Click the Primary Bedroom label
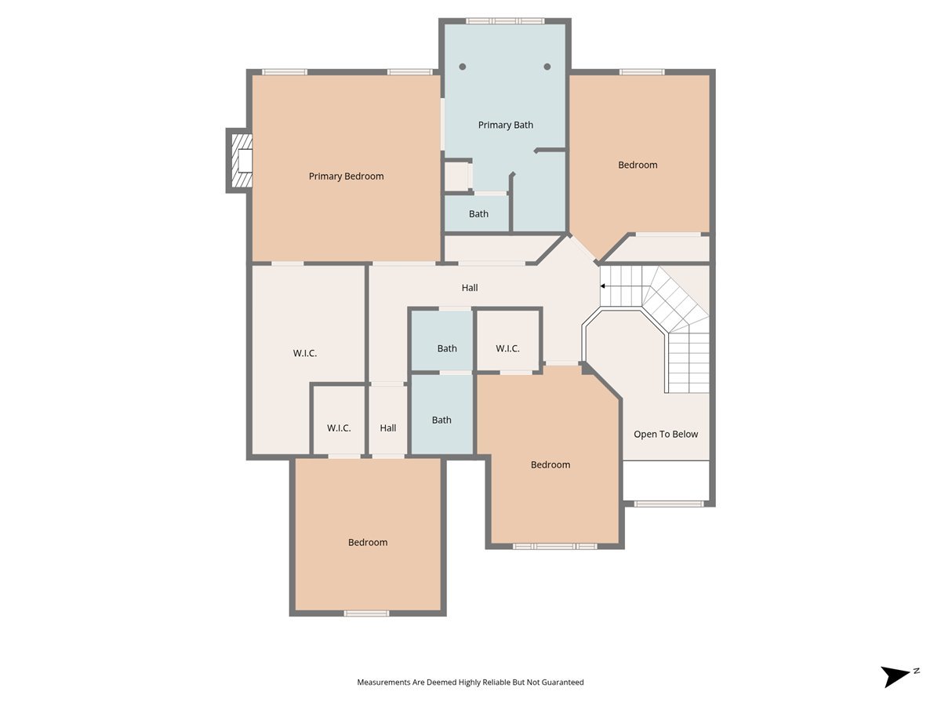tap(346, 176)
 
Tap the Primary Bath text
tap(506, 125)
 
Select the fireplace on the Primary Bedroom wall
tap(239, 160)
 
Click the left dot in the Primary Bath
tap(463, 67)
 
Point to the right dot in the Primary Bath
tap(547, 67)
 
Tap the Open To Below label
tap(666, 435)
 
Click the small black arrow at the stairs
tap(602, 286)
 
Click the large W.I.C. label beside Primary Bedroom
tap(305, 353)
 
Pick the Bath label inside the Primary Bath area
tap(478, 214)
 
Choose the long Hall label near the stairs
tap(470, 288)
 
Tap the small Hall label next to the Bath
tap(388, 428)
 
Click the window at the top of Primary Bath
tap(505, 21)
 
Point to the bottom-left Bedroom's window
tap(366, 613)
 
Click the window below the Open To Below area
tap(669, 504)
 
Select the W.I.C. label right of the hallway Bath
tap(507, 348)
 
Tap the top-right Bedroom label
tap(638, 165)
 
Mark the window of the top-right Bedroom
tap(641, 72)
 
